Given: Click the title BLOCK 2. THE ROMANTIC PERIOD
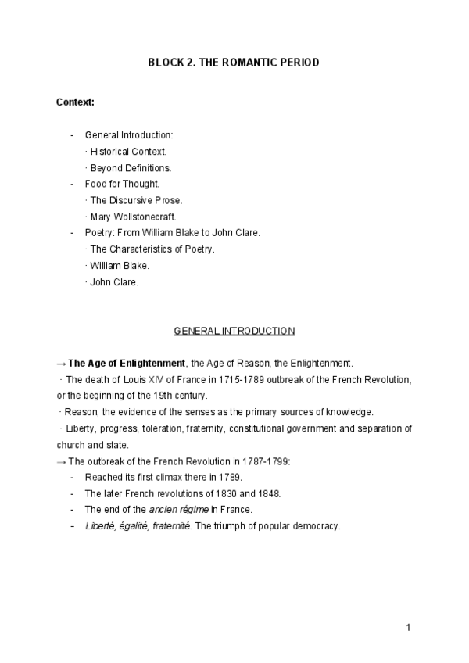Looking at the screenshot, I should click(234, 62).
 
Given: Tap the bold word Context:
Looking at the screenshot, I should click(76, 102).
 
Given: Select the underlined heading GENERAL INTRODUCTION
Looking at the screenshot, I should click(234, 331).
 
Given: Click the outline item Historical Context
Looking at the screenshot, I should click(128, 151).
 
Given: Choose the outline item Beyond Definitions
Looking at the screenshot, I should click(131, 168).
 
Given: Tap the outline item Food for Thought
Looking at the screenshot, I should click(122, 185).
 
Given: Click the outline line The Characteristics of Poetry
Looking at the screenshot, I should click(152, 249).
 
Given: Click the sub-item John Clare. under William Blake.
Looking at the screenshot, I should click(114, 282).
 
